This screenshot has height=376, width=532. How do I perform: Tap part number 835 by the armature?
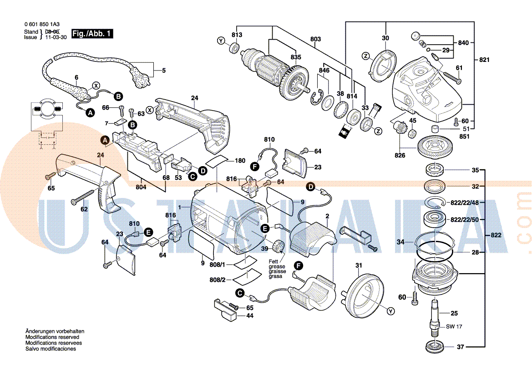point(296,57)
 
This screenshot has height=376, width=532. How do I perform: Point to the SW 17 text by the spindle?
point(454,326)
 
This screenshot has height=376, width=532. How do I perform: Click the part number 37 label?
point(461,347)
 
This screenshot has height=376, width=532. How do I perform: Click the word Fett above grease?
point(273,261)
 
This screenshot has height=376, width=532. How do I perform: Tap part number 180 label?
point(240,161)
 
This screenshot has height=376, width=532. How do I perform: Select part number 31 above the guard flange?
point(358,265)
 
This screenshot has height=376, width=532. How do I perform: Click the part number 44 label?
point(250,315)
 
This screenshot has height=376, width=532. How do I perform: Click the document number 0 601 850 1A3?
point(41,25)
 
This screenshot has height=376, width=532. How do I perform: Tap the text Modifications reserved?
point(52,337)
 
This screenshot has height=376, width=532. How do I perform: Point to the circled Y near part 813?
point(221,41)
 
